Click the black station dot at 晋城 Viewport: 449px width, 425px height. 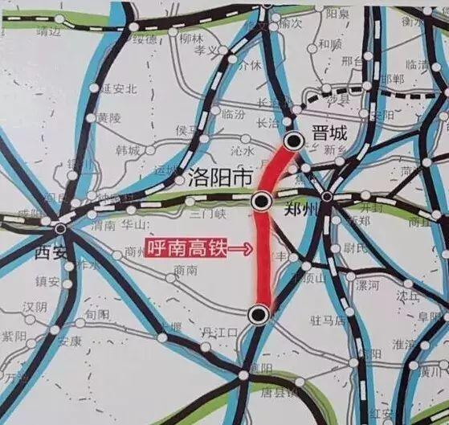click(x=295, y=141)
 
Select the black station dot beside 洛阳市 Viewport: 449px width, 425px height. click(x=260, y=202)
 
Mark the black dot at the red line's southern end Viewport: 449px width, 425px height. click(x=257, y=315)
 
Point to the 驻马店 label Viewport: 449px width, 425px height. click(x=327, y=321)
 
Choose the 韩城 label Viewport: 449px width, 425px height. click(x=128, y=150)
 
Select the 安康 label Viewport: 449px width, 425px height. click(x=70, y=341)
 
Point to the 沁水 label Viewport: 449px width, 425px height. click(x=243, y=150)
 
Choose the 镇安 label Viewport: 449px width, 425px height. click(x=48, y=282)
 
